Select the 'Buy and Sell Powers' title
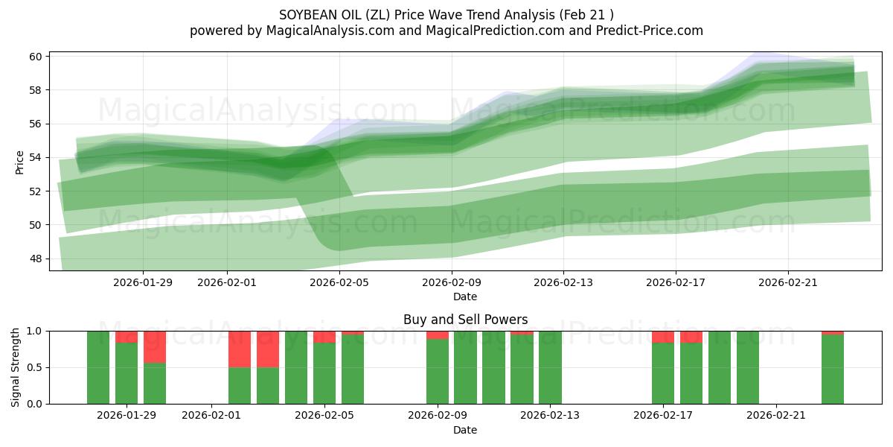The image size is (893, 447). pyautogui.click(x=465, y=320)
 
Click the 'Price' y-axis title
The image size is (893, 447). pyautogui.click(x=19, y=161)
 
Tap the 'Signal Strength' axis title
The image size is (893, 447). pyautogui.click(x=16, y=367)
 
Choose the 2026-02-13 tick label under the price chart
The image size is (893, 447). pyautogui.click(x=563, y=282)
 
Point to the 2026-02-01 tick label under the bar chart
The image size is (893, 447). pyautogui.click(x=212, y=416)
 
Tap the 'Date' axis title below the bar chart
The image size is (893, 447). pyautogui.click(x=465, y=430)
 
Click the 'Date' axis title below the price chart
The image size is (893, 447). pyautogui.click(x=465, y=297)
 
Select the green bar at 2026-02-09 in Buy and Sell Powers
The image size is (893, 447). pyautogui.click(x=438, y=371)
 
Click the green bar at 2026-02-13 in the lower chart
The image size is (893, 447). pyautogui.click(x=550, y=367)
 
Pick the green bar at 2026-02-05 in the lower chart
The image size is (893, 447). pyautogui.click(x=324, y=372)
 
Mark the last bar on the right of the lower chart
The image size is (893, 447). pyautogui.click(x=833, y=369)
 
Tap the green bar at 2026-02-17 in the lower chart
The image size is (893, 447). pyautogui.click(x=662, y=372)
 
